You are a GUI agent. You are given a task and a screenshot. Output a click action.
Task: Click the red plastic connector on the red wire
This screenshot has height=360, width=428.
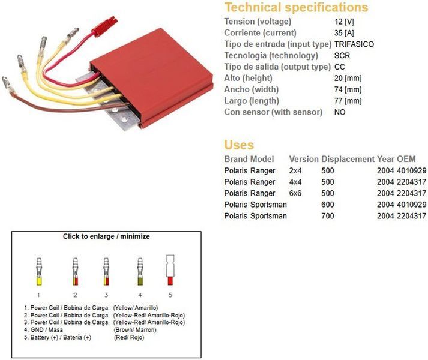click(x=104, y=26)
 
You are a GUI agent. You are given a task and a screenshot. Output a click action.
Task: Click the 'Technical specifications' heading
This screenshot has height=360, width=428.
click(x=296, y=8)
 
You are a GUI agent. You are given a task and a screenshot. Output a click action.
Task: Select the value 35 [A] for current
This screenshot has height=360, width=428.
click(x=344, y=33)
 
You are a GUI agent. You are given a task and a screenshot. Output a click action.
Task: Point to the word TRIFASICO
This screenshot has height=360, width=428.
click(x=354, y=44)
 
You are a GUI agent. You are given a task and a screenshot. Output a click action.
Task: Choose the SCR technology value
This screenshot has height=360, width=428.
click(x=342, y=56)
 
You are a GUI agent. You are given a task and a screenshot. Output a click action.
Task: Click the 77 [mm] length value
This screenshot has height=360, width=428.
click(x=348, y=101)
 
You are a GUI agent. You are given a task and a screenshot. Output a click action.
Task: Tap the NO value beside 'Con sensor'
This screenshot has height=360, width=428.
click(x=340, y=112)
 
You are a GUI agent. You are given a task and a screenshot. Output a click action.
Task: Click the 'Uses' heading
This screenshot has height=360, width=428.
click(x=239, y=145)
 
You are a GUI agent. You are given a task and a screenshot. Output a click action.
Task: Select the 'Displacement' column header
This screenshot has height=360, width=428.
click(x=348, y=159)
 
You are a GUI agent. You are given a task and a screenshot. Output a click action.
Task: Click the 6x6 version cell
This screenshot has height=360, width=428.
click(x=295, y=194)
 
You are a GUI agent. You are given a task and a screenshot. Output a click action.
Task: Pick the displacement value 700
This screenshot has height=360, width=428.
click(x=328, y=216)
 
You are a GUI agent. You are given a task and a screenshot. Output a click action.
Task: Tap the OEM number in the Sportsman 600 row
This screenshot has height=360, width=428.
click(x=411, y=205)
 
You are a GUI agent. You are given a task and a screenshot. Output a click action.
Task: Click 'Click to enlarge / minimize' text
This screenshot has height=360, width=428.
click(x=106, y=236)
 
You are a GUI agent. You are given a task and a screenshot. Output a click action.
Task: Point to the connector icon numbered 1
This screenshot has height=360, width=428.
click(x=39, y=271)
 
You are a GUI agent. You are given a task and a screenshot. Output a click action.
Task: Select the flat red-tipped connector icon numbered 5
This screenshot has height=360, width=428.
click(x=170, y=269)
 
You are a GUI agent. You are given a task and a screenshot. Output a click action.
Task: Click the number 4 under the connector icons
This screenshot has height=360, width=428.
click(x=140, y=295)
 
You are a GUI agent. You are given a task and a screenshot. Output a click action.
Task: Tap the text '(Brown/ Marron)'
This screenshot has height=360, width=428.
click(x=135, y=330)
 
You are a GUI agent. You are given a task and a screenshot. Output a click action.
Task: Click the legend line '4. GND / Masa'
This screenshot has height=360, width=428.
click(x=43, y=330)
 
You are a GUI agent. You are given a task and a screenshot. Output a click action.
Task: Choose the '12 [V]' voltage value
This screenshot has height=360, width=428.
click(x=344, y=22)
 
